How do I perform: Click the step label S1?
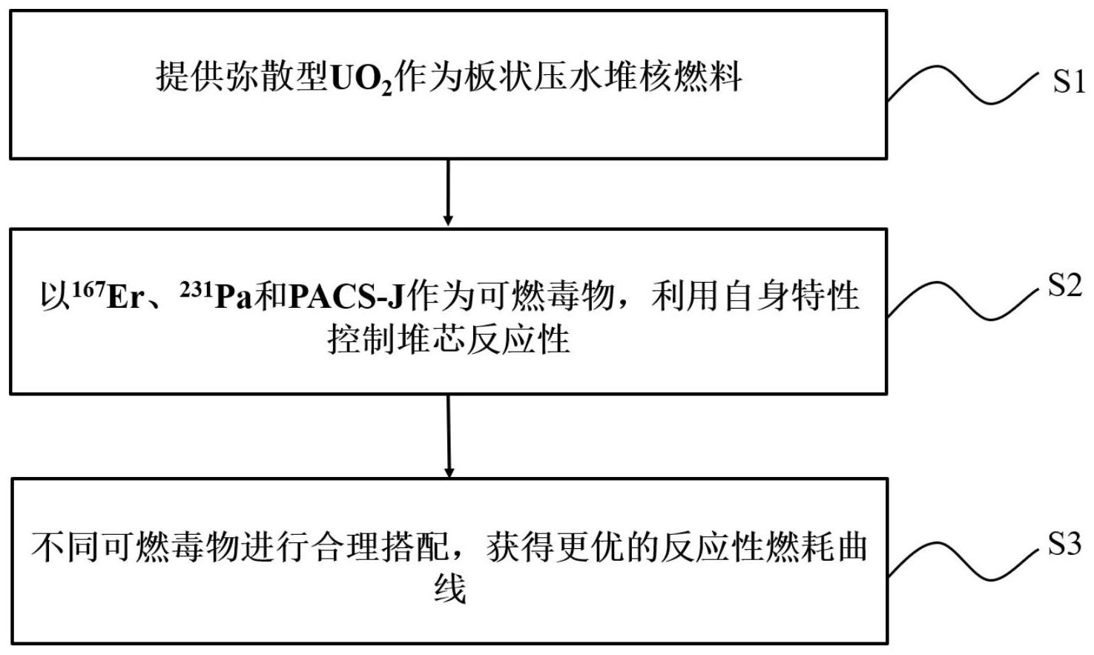pyautogui.click(x=1069, y=81)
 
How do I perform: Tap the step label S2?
pyautogui.click(x=1065, y=285)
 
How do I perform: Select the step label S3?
pyautogui.click(x=1065, y=544)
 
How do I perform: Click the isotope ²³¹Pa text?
pyautogui.click(x=216, y=296)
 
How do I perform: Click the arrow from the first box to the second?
pyautogui.click(x=448, y=192)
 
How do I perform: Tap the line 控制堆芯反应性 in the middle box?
pyautogui.click(x=448, y=340)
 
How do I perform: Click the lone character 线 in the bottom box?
pyautogui.click(x=449, y=590)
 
